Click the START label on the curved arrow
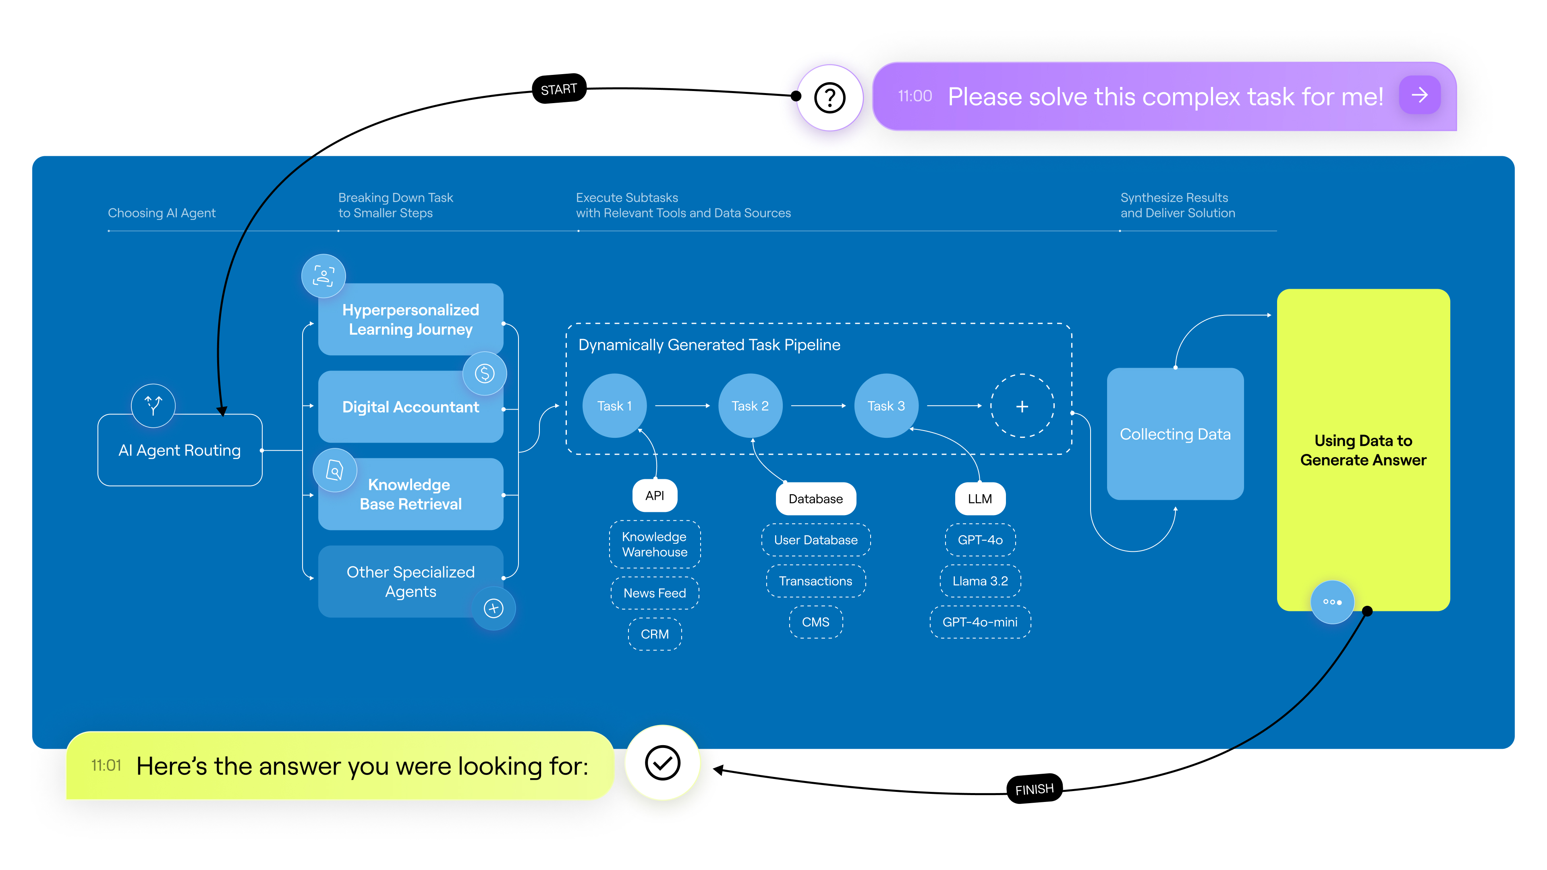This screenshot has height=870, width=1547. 558,89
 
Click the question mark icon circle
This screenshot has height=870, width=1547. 829,97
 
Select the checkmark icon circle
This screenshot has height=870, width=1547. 662,762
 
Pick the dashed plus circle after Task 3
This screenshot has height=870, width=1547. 1022,406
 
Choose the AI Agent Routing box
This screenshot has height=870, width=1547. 180,450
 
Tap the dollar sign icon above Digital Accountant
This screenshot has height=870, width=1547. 484,373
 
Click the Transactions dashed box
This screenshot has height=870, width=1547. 815,581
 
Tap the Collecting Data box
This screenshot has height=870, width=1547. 1175,434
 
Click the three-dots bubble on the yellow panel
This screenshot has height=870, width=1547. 1331,602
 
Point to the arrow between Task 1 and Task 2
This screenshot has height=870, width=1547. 682,406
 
